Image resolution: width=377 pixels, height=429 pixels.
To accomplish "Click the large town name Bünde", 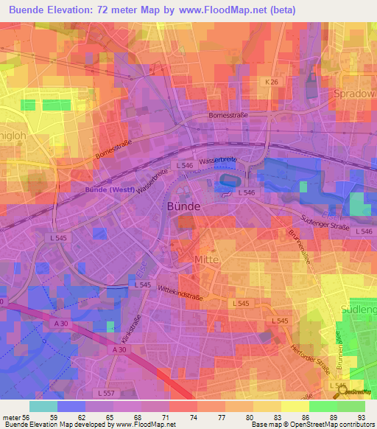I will click(180, 207).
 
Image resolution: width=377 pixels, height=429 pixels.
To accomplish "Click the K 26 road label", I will click(274, 83).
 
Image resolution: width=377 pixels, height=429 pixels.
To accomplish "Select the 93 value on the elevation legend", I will click(361, 417).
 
